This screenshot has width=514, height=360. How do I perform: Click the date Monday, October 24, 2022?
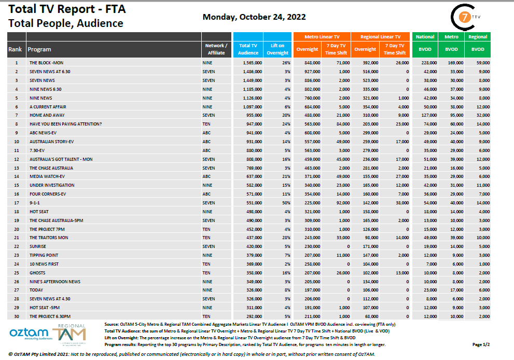254,17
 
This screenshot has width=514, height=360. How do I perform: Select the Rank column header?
15,49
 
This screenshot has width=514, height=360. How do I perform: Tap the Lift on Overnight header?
277,49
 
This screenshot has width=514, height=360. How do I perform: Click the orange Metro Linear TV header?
322,37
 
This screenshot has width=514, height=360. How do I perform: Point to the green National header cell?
425,37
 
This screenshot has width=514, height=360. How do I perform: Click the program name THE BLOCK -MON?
47,62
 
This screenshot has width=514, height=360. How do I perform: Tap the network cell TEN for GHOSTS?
206,272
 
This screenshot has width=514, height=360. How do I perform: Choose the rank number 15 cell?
17,185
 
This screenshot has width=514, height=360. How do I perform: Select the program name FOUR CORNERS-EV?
48,193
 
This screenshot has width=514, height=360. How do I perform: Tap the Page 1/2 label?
481,344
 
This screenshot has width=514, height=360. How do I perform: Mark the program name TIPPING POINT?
44,255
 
